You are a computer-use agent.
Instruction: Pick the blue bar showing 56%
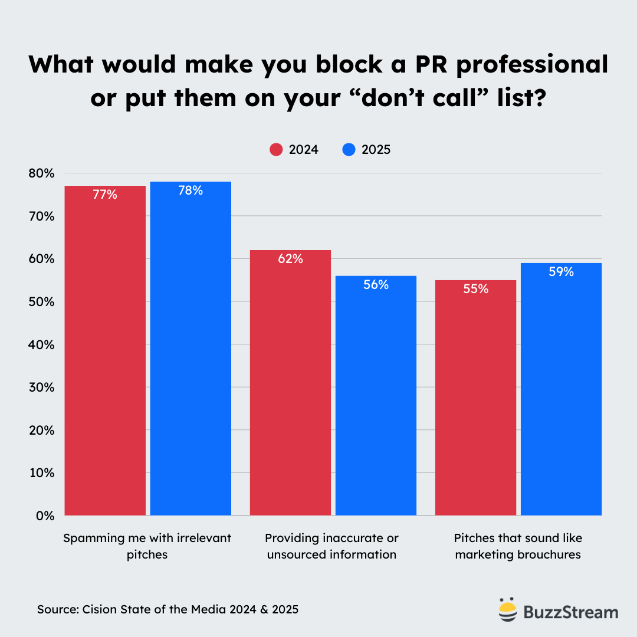376,395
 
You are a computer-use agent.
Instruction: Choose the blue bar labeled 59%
561,389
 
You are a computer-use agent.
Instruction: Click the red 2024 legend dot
276,150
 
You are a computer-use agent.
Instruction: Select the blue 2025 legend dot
349,150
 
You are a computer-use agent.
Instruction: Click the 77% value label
105,195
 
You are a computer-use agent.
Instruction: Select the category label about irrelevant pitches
147,546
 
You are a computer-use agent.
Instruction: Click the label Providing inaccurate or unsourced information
331,546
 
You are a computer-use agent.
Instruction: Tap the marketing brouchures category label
518,546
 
